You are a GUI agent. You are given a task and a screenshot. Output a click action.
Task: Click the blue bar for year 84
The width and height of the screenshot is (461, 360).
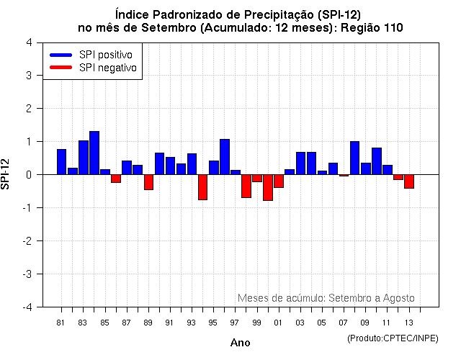coord(94,153)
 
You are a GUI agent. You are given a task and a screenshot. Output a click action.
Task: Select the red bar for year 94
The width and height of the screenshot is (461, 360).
coord(202,187)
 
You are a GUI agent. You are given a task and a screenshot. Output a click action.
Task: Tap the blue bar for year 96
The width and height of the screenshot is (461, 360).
coord(225,157)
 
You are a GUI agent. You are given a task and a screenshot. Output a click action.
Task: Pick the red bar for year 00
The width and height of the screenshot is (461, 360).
coord(268,187)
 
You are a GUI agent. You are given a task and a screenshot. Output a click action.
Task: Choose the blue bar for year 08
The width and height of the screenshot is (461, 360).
coord(354,158)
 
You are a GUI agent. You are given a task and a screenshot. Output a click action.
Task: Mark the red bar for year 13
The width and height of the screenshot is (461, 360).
coord(409,181)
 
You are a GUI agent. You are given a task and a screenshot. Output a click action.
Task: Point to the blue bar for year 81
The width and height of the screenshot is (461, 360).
coord(61,162)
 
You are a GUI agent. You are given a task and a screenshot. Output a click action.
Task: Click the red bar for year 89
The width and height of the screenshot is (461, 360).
coord(148,182)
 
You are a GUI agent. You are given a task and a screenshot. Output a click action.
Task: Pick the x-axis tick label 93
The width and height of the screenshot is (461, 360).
coord(192,323)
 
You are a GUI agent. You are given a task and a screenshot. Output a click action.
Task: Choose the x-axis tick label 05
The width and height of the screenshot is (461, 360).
coord(322,323)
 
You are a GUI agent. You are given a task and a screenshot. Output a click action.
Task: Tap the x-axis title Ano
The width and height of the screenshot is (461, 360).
coord(240,343)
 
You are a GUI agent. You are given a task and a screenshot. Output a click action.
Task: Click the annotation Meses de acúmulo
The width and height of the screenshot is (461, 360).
coord(281,297)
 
